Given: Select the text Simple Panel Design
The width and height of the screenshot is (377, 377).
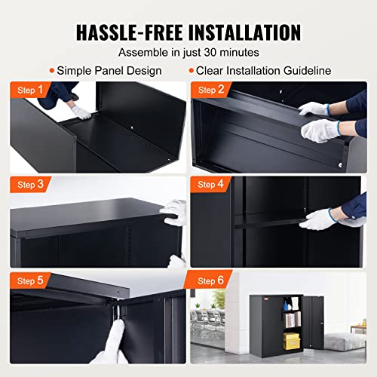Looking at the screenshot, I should coord(110,71).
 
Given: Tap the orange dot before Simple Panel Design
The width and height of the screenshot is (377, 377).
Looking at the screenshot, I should coord(51,71).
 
